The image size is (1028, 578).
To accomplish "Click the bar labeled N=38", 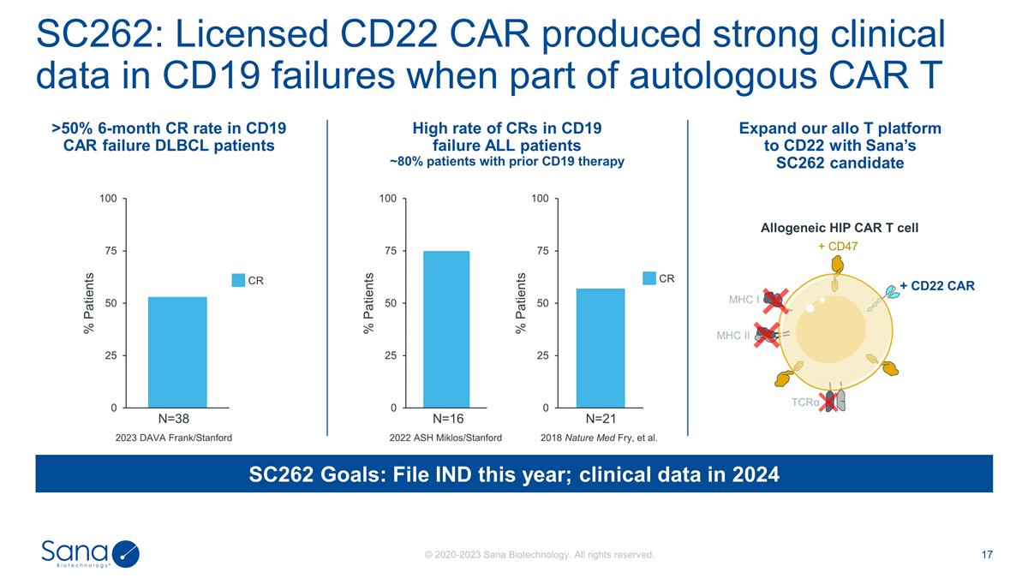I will [x=177, y=352].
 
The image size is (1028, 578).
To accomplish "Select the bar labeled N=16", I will [x=445, y=329].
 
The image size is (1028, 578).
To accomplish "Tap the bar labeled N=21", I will [x=600, y=348].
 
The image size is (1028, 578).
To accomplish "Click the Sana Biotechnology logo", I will [x=89, y=553].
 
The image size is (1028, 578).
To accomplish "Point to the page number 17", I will [x=987, y=555].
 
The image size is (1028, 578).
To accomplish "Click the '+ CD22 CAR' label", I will [x=937, y=285].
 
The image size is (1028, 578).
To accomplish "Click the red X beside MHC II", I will [x=766, y=335].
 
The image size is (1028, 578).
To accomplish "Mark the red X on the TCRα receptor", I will [x=828, y=401].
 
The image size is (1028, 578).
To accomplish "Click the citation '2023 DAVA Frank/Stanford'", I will [x=174, y=438].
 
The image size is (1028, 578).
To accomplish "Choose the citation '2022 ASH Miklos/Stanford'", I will [x=445, y=438].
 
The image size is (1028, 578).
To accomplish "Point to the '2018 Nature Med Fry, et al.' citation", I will [x=599, y=438].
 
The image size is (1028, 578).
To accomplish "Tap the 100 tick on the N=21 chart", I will [x=539, y=199].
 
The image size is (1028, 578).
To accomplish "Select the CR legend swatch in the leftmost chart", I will [x=239, y=279].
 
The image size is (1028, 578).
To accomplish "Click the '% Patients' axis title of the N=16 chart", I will [x=369, y=303].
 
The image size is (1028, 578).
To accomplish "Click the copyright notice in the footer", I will [x=540, y=555].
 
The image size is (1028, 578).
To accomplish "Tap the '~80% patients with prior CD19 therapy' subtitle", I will [x=507, y=161].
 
